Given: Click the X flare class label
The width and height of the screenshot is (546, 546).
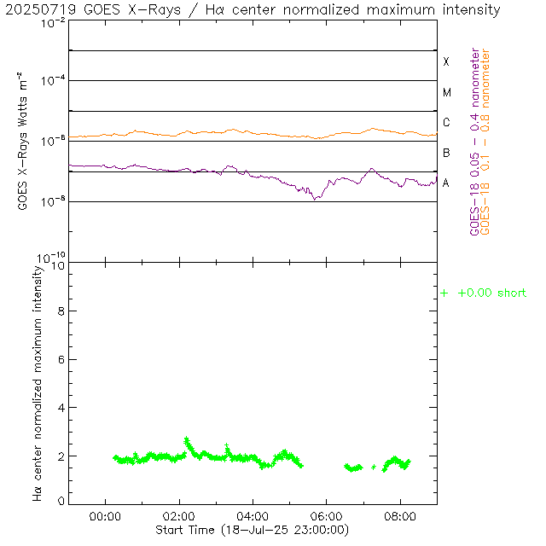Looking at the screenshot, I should click(445, 62).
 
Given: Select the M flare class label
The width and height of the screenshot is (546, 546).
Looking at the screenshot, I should click(445, 92).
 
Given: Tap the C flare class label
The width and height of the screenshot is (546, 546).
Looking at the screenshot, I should click(445, 123).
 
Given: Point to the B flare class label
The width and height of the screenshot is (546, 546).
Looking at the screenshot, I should click(445, 153).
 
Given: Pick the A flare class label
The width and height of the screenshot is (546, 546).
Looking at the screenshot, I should click(445, 183).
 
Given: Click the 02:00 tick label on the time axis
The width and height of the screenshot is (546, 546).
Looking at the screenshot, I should click(179, 516).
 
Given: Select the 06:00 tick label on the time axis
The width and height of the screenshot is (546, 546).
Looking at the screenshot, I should click(327, 516).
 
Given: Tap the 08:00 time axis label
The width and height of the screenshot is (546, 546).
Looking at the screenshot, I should click(400, 516).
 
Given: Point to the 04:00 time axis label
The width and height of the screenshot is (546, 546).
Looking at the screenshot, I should click(253, 516).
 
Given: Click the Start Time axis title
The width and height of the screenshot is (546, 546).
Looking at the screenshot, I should click(253, 530).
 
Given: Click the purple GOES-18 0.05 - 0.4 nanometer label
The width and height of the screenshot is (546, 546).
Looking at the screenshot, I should click(475, 141).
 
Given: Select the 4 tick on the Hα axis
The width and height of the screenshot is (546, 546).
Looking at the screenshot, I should click(61, 408).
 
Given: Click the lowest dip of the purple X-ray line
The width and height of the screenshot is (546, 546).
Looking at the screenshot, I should click(315, 199).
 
